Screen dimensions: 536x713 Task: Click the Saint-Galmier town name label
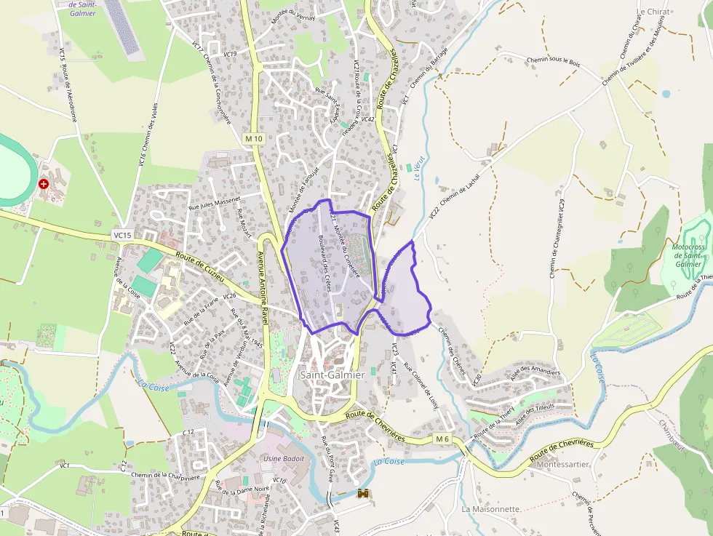[332, 375]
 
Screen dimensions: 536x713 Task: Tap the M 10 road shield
[253, 138]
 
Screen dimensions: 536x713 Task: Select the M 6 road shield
[443, 439]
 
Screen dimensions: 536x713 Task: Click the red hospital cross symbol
[44, 184]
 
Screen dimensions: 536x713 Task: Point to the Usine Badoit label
[283, 459]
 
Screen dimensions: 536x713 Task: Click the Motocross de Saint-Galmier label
[688, 256]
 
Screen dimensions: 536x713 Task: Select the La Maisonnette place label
[490, 509]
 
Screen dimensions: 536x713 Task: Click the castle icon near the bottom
[362, 494]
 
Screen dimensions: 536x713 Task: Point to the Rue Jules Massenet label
[215, 203]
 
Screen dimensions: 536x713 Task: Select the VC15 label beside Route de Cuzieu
[122, 235]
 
